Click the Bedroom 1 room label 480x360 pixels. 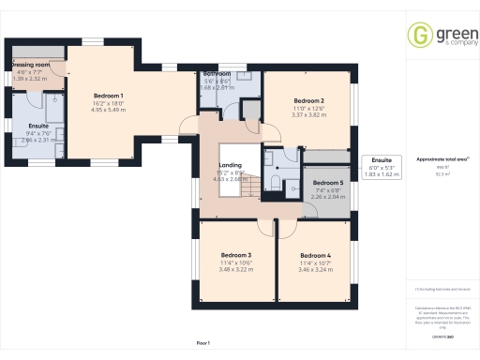(x=108, y=96)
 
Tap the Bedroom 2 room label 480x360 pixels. (x=308, y=100)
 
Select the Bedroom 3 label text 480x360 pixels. (x=236, y=255)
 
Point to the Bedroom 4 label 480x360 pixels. (x=316, y=255)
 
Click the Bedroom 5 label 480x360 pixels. (x=327, y=182)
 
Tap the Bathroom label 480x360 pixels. (x=217, y=73)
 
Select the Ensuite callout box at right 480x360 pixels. (x=381, y=167)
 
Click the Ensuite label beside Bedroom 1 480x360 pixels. (x=38, y=125)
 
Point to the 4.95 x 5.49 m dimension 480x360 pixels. (x=108, y=110)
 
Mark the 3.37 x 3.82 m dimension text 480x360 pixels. (x=308, y=115)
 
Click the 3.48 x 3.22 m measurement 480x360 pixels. (x=236, y=270)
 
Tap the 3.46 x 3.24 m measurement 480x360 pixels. (x=316, y=270)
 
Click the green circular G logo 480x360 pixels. (x=418, y=37)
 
